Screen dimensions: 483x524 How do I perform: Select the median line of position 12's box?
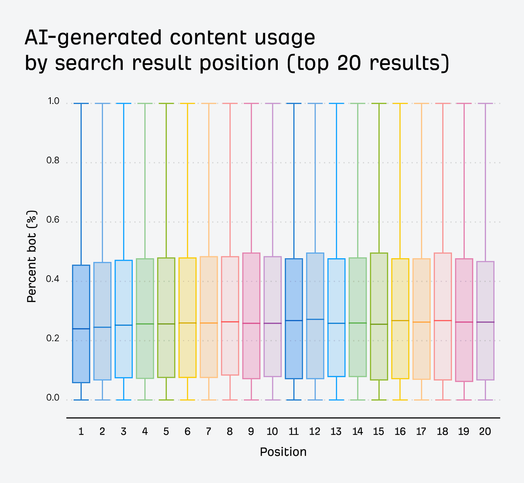tap(315, 319)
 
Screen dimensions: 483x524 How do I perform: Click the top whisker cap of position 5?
tap(166, 104)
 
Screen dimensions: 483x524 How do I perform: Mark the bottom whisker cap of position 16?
tap(400, 400)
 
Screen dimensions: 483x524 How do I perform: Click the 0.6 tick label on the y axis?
tap(53, 220)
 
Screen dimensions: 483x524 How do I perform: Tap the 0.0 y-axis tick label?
tap(53, 398)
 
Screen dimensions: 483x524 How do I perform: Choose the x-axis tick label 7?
tap(209, 432)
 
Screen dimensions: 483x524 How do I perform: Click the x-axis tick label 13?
tap(336, 432)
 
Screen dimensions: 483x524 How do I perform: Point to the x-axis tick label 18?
tap(442, 432)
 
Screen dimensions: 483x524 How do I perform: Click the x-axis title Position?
tap(283, 452)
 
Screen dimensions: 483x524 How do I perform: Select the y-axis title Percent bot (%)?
tap(32, 256)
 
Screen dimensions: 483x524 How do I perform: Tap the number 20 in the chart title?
tap(349, 63)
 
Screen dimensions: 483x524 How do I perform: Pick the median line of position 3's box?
tap(124, 325)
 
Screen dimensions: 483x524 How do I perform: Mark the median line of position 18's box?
tap(443, 320)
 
